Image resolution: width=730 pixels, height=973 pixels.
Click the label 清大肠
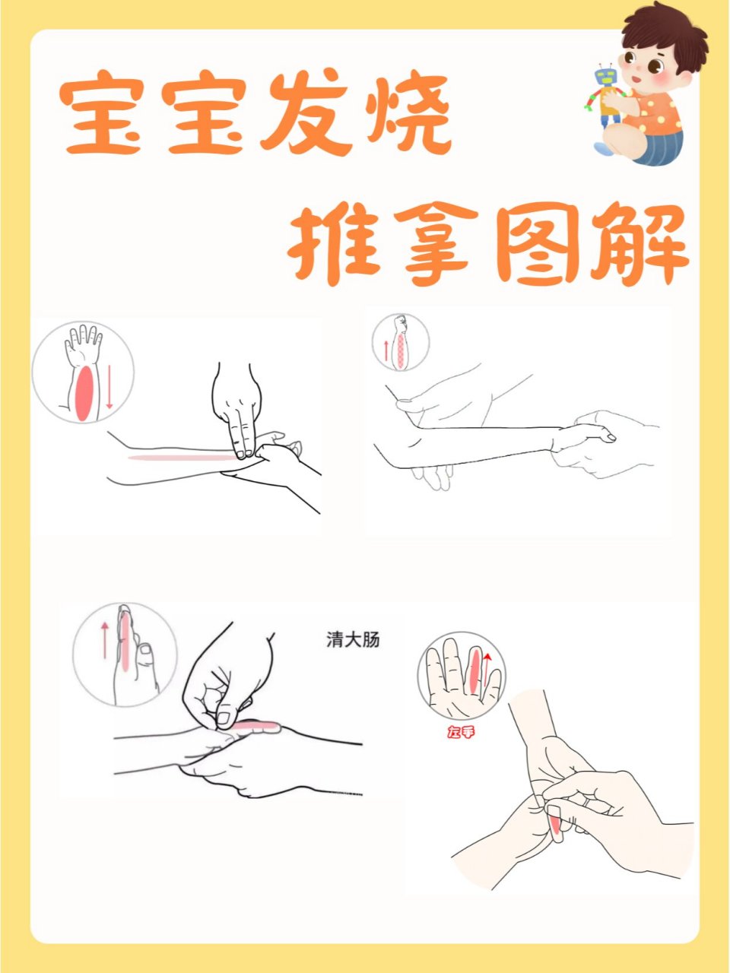(353, 640)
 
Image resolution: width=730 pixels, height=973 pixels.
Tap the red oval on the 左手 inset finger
(475, 670)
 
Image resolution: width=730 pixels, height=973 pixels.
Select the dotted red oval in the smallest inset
(400, 350)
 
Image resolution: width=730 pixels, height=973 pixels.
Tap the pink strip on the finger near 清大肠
(257, 727)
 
